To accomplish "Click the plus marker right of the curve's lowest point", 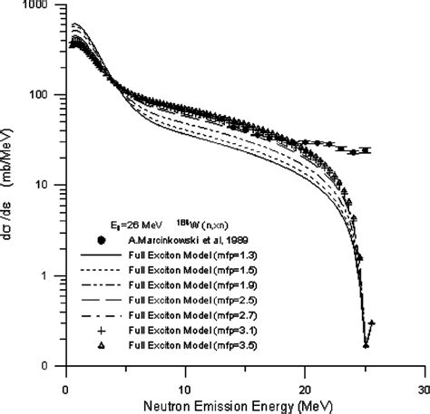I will coord(372,323).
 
